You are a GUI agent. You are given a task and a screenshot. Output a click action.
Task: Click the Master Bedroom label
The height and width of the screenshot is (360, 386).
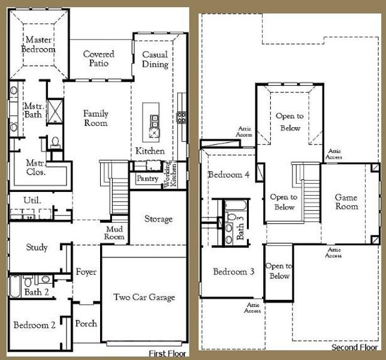[38, 45]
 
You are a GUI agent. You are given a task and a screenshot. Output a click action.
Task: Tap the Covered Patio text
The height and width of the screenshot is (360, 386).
[98, 59]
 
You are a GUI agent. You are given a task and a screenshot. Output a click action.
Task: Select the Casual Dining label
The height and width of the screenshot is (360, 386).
[155, 59]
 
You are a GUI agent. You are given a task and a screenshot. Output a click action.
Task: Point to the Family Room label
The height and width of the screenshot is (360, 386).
[95, 118]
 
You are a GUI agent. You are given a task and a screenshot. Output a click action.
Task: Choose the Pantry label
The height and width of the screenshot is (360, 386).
[147, 178]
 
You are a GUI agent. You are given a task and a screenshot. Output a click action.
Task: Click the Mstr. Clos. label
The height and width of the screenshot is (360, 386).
[37, 166]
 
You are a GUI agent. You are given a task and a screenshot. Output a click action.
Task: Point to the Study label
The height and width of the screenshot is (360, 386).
[37, 247]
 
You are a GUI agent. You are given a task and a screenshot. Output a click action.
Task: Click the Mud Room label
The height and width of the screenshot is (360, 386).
[114, 233]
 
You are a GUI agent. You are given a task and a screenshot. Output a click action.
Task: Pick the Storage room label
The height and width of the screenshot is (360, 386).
[158, 219]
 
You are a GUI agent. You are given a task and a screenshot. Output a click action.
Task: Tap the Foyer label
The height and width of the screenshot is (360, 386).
[86, 272]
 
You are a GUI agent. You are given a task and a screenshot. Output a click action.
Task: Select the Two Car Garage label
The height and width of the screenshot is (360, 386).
[144, 297]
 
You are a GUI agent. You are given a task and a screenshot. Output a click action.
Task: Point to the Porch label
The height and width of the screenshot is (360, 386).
[86, 324]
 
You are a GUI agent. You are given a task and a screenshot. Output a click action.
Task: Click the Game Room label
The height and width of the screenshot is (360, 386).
[346, 202]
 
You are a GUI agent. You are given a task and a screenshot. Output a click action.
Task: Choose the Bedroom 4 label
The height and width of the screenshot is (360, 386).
[228, 175]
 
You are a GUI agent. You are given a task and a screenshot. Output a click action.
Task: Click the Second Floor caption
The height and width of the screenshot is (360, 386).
[354, 347]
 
